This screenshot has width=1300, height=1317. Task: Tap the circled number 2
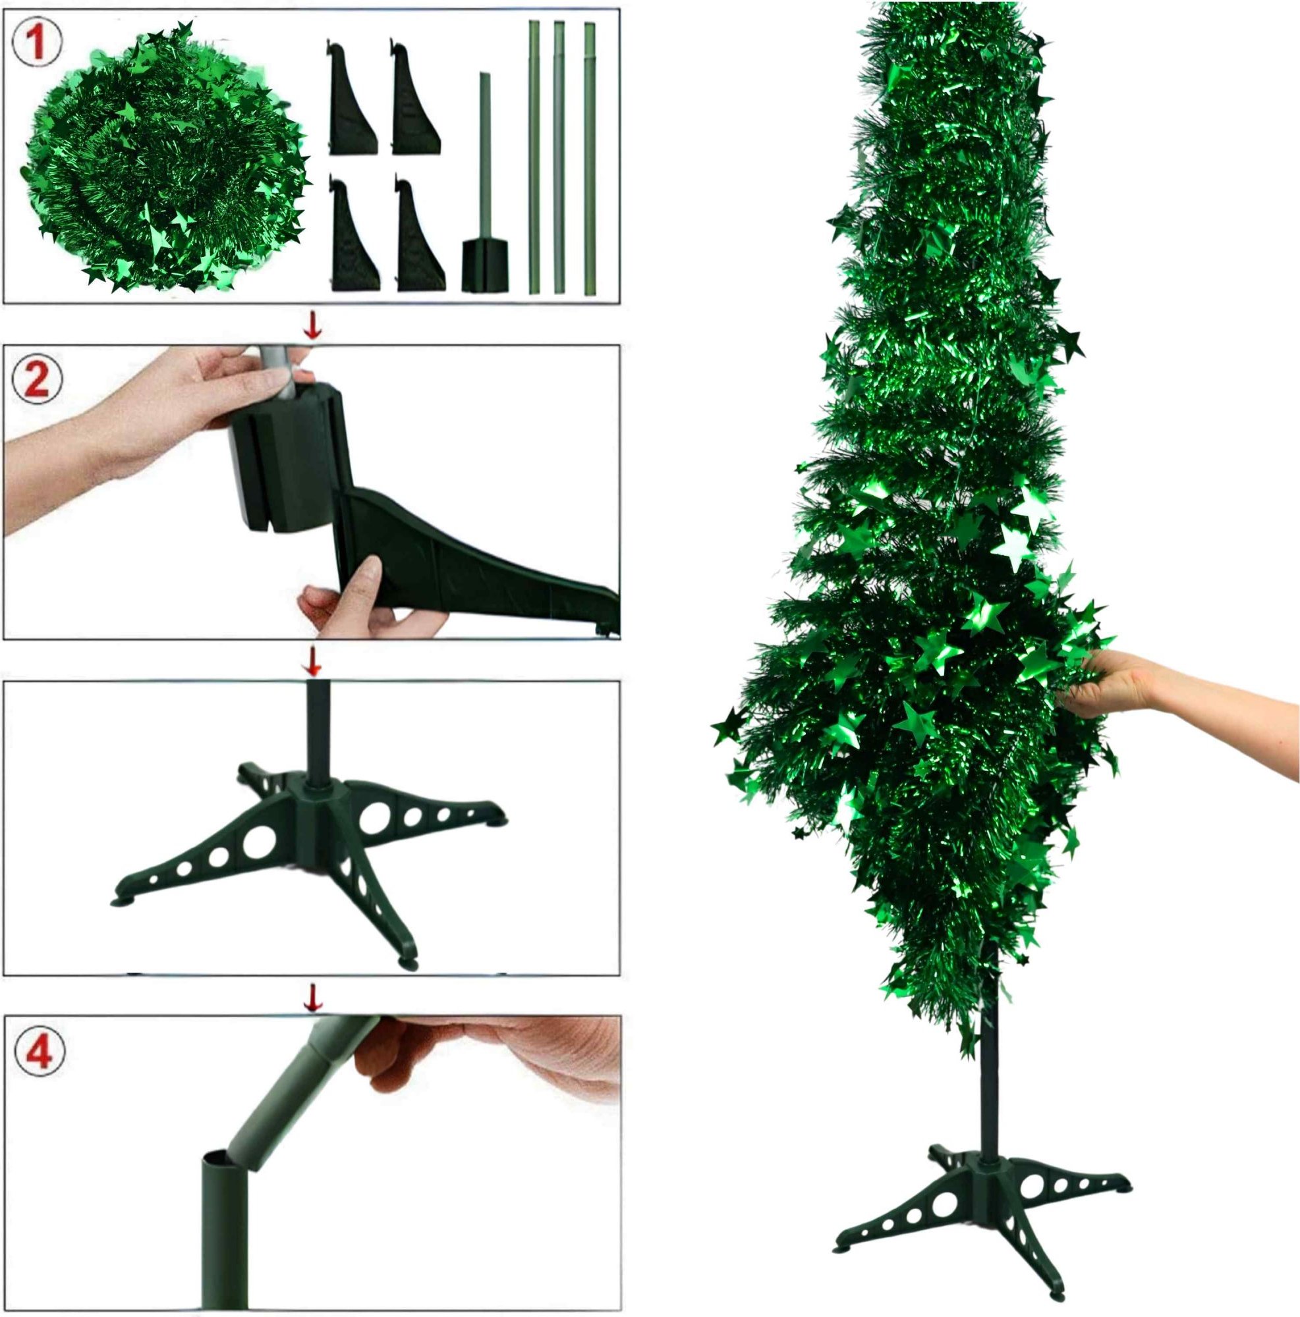[38, 380]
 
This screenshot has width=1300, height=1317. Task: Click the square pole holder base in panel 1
[485, 267]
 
